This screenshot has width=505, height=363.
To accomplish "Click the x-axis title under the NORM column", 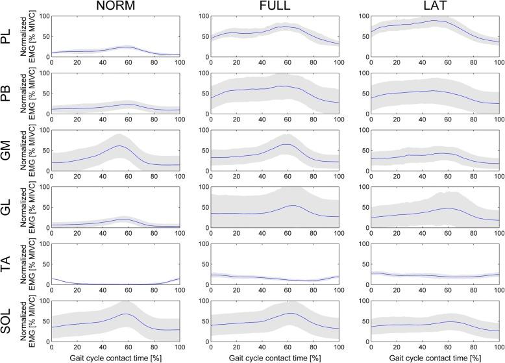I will point(115,358).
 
